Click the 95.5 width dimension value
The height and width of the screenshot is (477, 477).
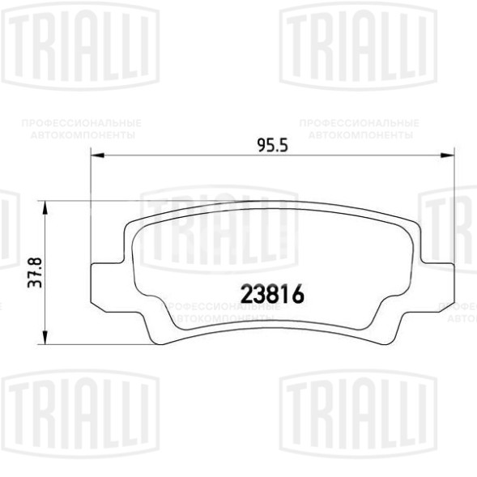(273, 146)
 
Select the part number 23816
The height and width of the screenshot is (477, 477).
(271, 296)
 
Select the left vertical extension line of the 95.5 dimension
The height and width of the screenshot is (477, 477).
(88, 211)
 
